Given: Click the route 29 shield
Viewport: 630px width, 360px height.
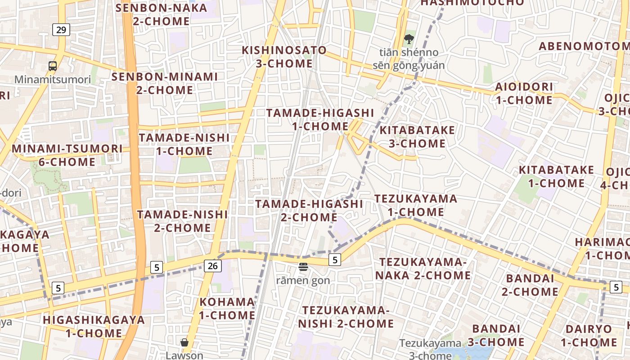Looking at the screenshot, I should [x=61, y=30].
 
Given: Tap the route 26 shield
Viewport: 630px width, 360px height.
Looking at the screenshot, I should [x=212, y=266].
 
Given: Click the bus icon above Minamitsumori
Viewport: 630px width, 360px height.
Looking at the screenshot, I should [x=53, y=66].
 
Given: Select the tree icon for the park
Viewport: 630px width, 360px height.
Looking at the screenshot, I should [x=409, y=40].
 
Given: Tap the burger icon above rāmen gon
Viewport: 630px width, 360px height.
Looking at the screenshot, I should [x=303, y=267].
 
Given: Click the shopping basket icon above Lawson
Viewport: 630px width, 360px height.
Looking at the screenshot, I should [x=184, y=342].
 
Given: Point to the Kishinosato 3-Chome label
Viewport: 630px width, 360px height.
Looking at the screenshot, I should [x=284, y=57].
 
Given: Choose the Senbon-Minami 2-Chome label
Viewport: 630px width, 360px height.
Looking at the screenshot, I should [x=165, y=83].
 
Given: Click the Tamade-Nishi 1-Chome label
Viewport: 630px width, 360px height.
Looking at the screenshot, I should [x=184, y=144].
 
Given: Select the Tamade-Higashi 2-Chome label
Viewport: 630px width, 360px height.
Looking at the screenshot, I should [x=309, y=211].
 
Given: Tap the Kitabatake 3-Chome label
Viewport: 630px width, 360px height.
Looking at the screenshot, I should [x=417, y=137].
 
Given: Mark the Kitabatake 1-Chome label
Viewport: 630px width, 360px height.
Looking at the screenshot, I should [x=557, y=176].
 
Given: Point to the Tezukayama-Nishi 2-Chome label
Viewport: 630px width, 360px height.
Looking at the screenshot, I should [x=346, y=317].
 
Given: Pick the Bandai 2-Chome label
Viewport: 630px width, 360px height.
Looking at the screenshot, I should [x=530, y=285].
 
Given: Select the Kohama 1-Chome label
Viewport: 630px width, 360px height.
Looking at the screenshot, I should [x=227, y=308].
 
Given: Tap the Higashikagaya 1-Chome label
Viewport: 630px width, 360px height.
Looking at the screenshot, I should [x=94, y=327].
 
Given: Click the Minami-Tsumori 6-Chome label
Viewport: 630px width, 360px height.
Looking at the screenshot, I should [x=67, y=155].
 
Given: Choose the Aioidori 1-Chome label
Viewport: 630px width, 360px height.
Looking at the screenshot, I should [x=524, y=93].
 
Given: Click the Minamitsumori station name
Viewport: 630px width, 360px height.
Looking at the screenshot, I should [x=53, y=80].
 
